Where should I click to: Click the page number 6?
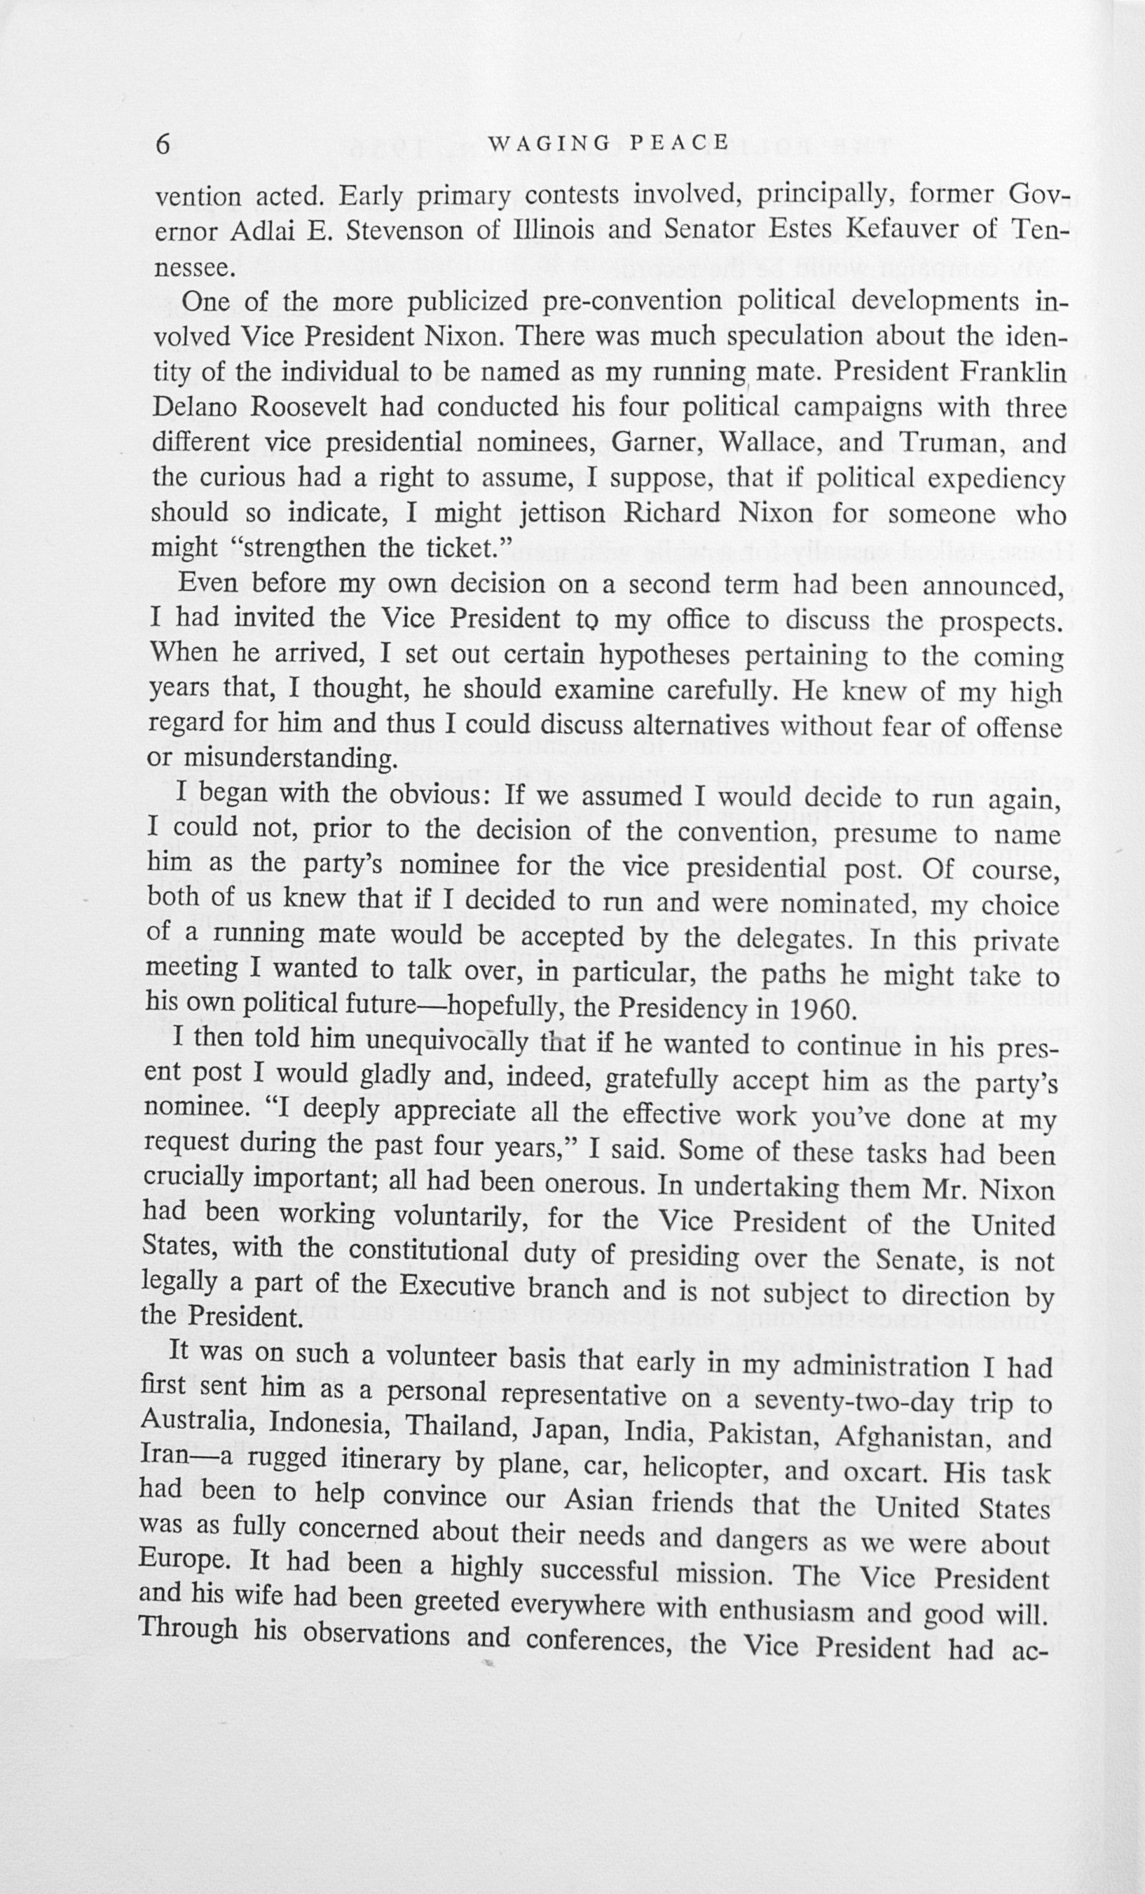pos(163,144)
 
